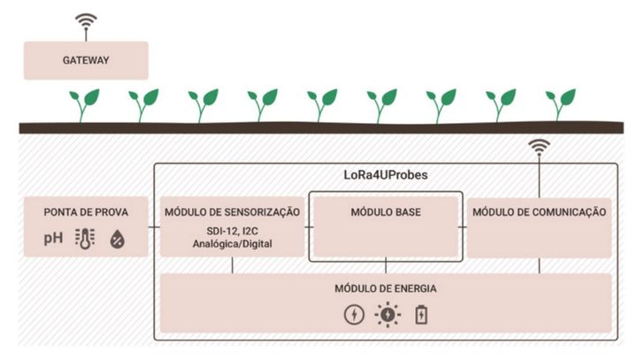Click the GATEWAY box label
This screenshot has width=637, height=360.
point(85,61)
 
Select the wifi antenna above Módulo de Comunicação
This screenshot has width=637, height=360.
point(538,148)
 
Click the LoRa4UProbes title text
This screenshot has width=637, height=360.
point(388,175)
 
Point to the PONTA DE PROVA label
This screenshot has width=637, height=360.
point(86,212)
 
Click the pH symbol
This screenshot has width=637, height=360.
point(56,238)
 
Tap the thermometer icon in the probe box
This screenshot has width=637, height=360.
point(86,238)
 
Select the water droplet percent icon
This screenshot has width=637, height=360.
point(117,238)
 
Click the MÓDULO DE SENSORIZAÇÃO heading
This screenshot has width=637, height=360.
point(232,212)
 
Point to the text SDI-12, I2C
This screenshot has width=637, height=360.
point(232,230)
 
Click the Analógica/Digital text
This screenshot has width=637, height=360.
point(232,244)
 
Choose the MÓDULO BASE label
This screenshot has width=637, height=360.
point(386,212)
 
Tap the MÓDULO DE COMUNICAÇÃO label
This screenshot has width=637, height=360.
point(539,212)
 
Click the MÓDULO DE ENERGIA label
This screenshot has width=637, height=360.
point(386,288)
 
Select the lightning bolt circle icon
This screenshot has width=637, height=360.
point(353,313)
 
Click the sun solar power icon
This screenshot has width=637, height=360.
point(387,313)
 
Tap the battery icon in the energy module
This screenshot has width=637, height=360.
point(420,313)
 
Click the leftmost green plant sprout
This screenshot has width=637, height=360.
point(85,104)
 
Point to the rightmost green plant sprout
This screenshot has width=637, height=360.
point(561,104)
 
